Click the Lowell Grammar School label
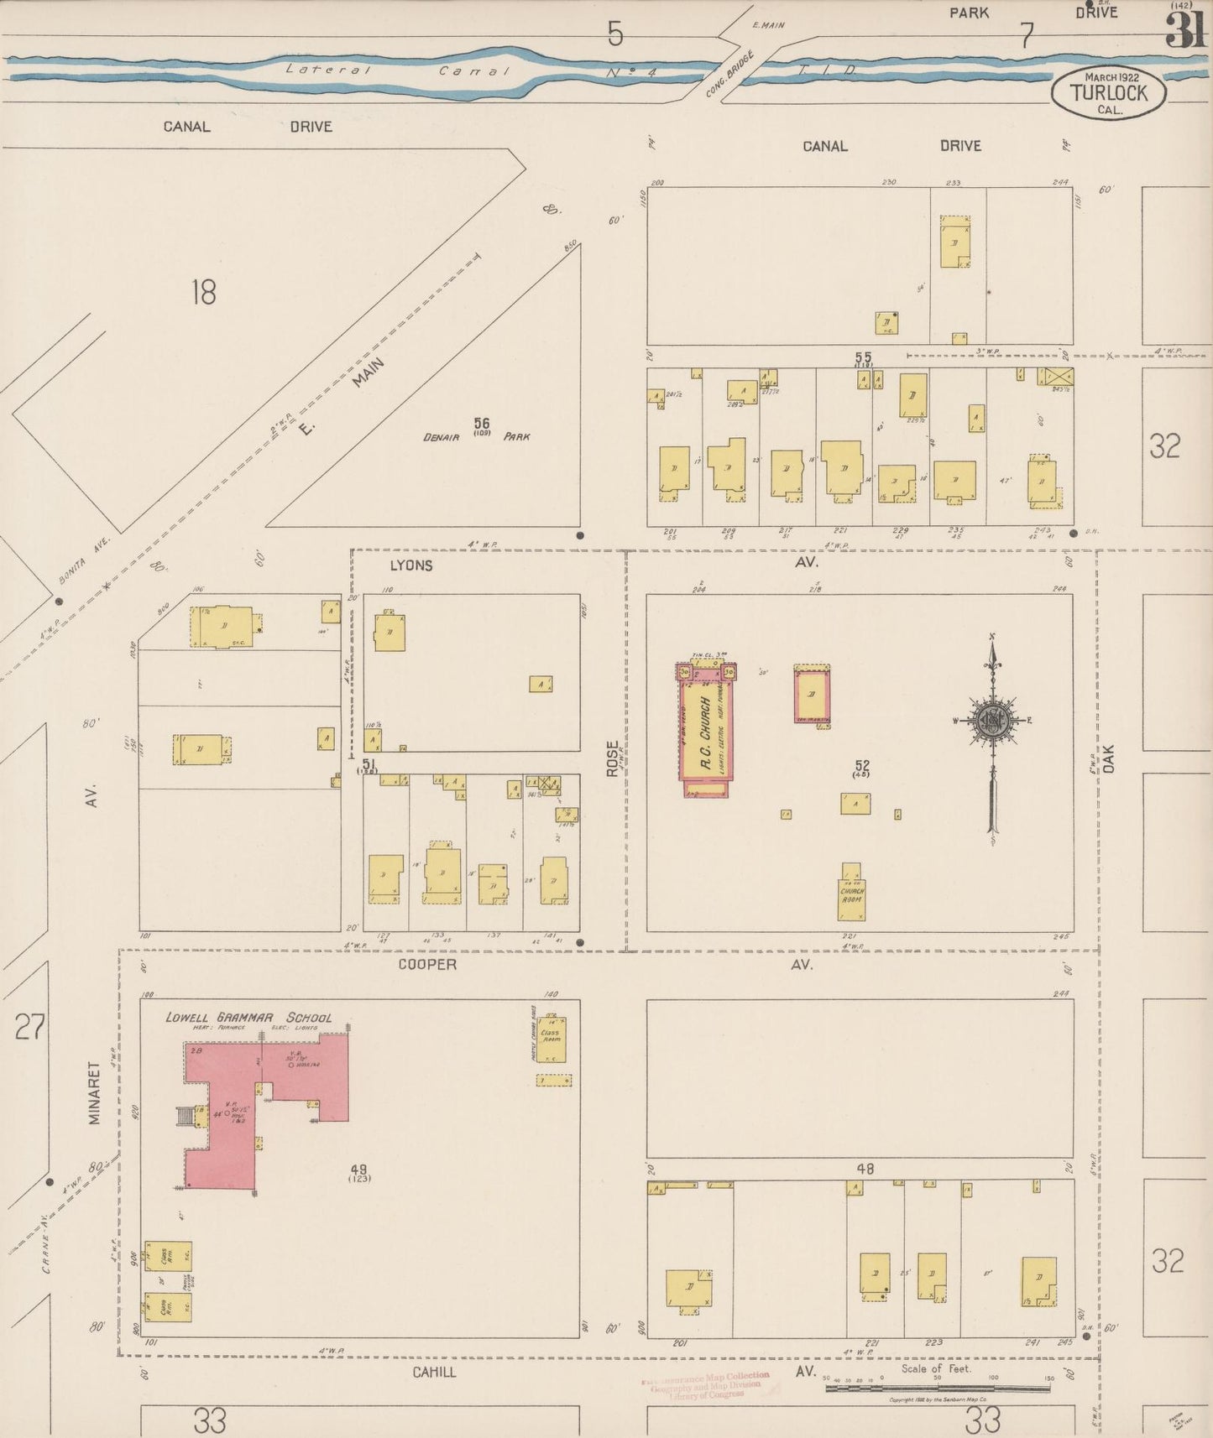click(x=248, y=1018)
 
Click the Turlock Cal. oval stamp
click(x=1108, y=92)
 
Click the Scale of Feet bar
click(x=936, y=1388)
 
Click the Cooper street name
click(x=427, y=965)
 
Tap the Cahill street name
click(x=434, y=1372)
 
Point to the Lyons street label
click(x=411, y=565)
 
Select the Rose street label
click(x=613, y=758)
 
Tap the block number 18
click(x=203, y=293)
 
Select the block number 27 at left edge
click(x=29, y=1026)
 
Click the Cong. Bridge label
click(x=729, y=76)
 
